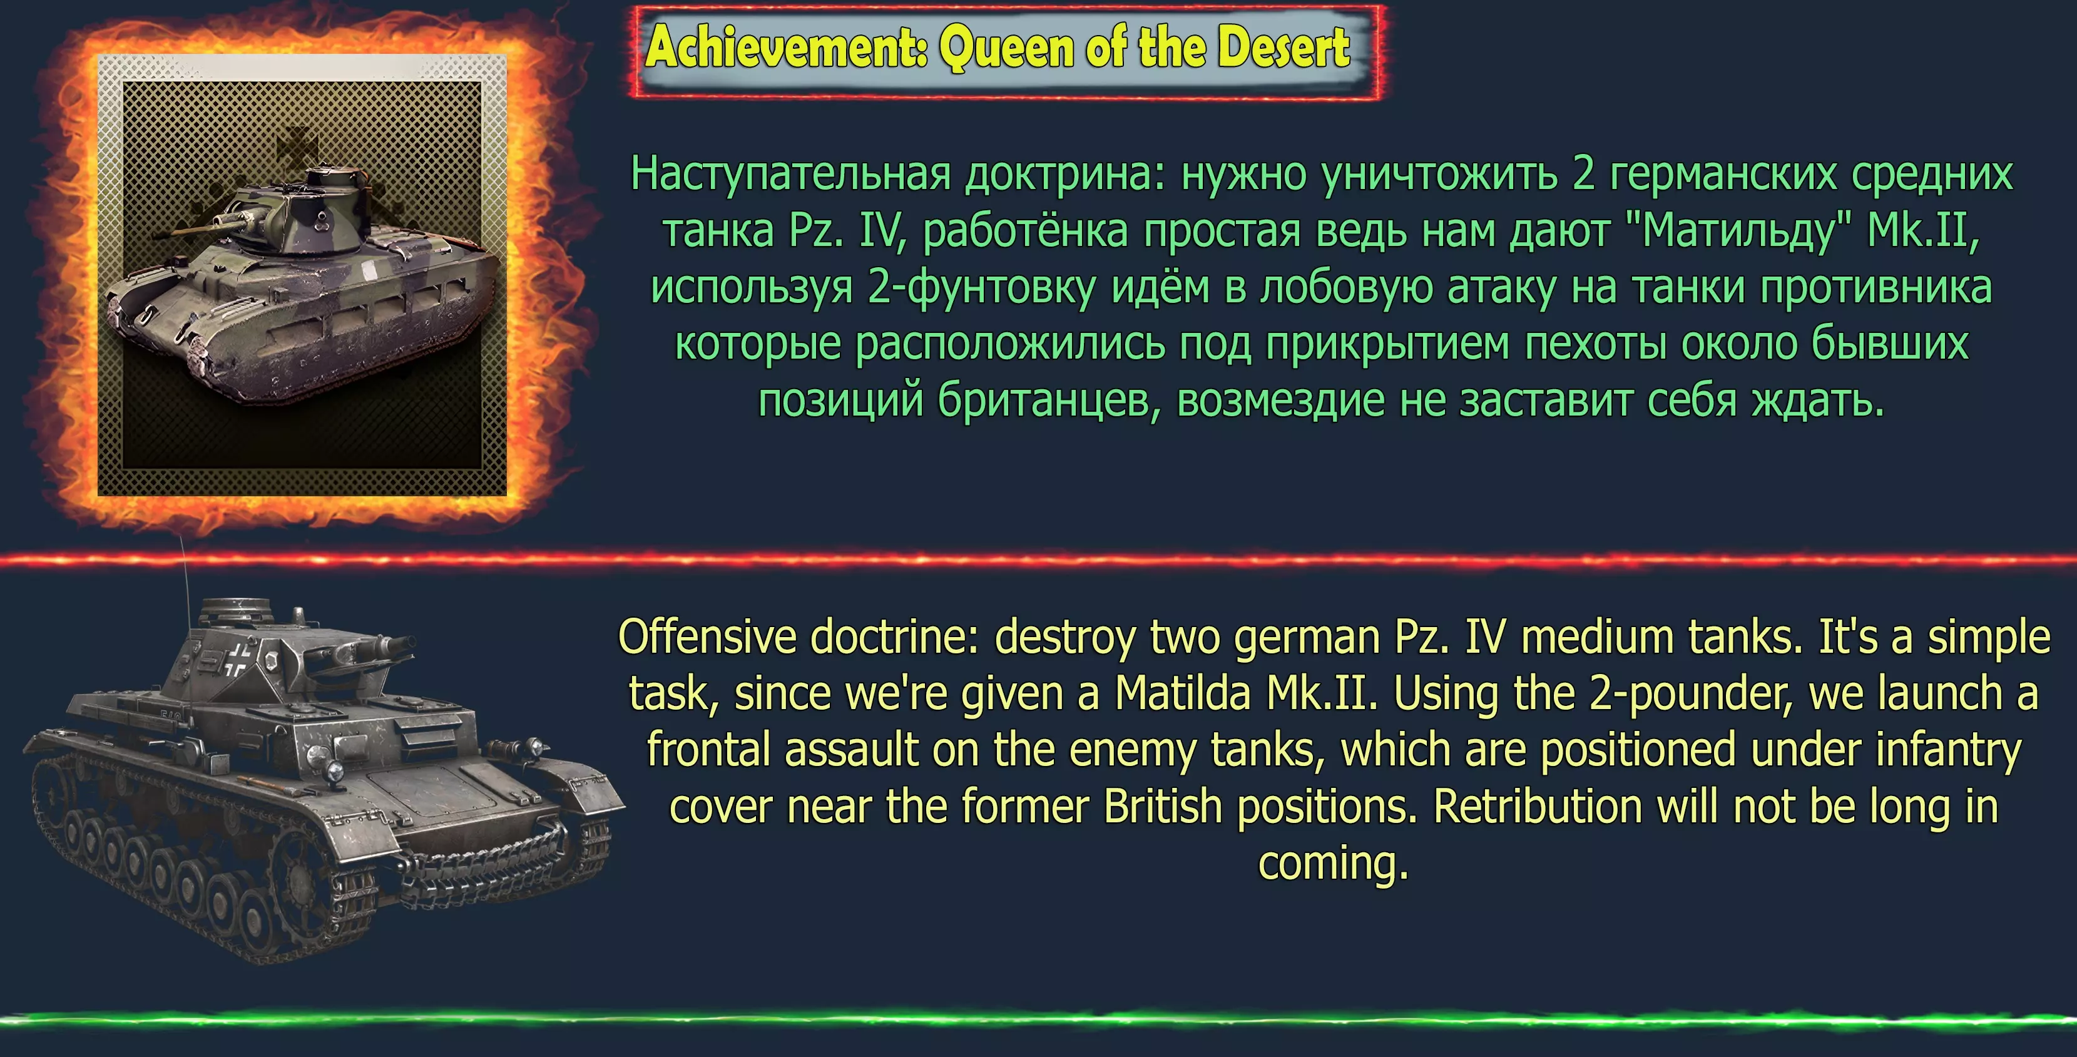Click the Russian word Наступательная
[791, 174]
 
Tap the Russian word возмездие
[1281, 401]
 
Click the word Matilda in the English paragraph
[1183, 693]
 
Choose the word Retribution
[1538, 806]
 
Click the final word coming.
[1333, 865]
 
